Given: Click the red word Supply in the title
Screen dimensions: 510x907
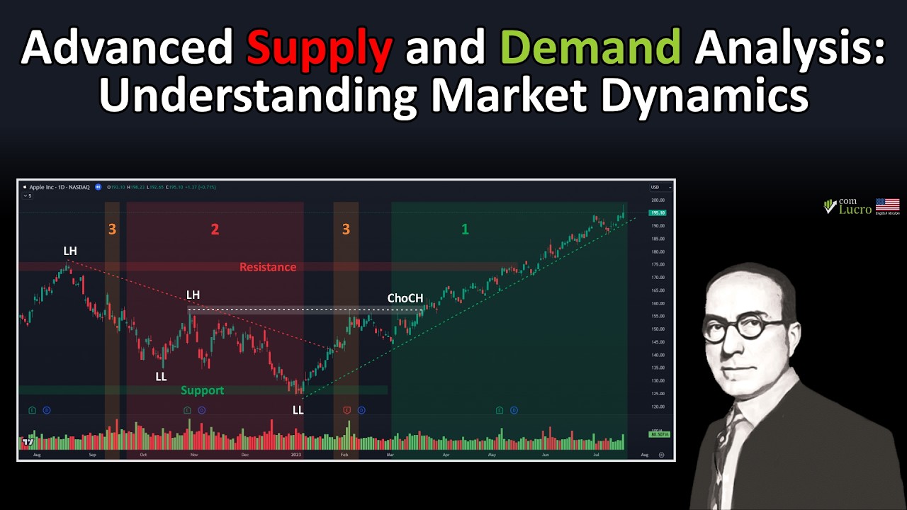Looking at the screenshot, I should pyautogui.click(x=319, y=49).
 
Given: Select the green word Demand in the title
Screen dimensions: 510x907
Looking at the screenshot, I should pyautogui.click(x=590, y=49).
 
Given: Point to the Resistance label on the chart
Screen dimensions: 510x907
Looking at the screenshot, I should pyautogui.click(x=268, y=267).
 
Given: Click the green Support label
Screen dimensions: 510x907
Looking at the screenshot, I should pyautogui.click(x=202, y=390).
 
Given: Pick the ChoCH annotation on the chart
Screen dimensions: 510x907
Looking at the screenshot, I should pyautogui.click(x=405, y=298).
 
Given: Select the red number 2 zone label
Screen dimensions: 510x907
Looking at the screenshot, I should pyautogui.click(x=215, y=229).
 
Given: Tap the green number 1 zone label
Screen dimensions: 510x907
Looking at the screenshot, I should pyautogui.click(x=465, y=229).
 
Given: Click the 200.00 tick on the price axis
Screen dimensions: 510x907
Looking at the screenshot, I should pyautogui.click(x=658, y=200).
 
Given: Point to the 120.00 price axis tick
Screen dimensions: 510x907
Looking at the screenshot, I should pyautogui.click(x=658, y=407).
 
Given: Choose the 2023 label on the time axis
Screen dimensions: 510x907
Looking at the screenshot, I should pyautogui.click(x=297, y=455).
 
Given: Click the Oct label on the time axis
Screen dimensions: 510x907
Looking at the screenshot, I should pyautogui.click(x=143, y=455).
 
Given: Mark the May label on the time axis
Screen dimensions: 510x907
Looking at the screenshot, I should pyautogui.click(x=492, y=455).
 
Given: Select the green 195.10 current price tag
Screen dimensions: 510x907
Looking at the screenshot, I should pyautogui.click(x=658, y=212).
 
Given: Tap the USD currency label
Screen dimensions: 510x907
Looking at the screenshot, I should pyautogui.click(x=655, y=187).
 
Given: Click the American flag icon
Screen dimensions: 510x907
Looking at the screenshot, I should pyautogui.click(x=887, y=205).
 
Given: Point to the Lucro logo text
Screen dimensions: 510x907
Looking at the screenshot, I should pyautogui.click(x=855, y=208).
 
